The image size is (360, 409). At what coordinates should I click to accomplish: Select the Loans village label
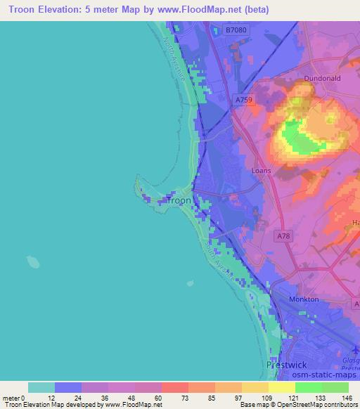262,171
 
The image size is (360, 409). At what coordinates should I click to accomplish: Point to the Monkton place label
304,299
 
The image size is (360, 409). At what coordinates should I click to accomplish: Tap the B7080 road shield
236,30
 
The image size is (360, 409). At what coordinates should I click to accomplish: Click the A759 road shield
243,100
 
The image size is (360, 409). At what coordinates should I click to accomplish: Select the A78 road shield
283,237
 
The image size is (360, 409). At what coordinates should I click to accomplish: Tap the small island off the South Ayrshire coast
189,285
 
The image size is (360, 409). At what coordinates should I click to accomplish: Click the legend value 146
348,398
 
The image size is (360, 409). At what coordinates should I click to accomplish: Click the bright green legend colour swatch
308,387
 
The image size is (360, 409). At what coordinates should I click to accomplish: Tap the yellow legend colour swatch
281,387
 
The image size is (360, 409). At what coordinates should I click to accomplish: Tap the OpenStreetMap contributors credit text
313,405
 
